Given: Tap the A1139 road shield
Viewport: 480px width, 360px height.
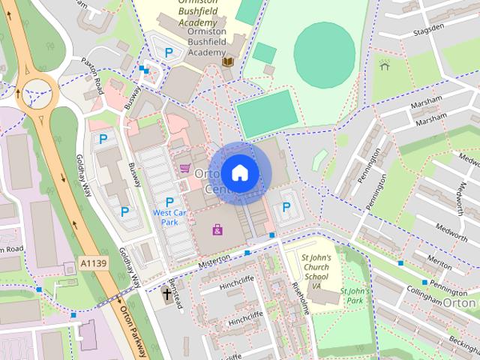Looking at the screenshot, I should [90, 264].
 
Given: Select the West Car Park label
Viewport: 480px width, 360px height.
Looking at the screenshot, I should [169, 217].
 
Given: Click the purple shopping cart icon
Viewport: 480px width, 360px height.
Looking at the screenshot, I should [184, 168].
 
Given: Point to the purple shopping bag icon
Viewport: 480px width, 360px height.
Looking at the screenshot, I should [217, 229].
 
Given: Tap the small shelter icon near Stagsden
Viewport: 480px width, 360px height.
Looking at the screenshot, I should [385, 66].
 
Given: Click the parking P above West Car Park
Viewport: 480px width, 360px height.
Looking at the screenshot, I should [169, 202].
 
